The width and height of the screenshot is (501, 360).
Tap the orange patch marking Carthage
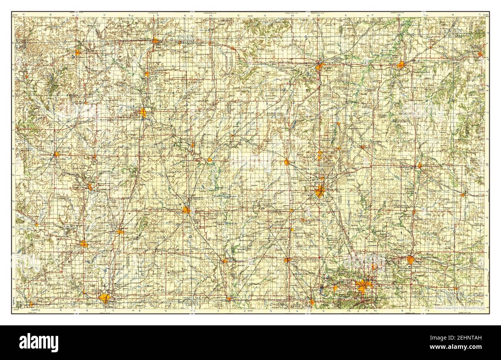click(410, 260)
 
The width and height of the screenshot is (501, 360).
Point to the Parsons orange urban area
click(187, 210)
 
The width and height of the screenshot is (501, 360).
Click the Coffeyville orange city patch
click(104, 298)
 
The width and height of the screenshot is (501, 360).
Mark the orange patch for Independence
click(84, 244)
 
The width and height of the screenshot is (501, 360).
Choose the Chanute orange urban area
click(143, 113)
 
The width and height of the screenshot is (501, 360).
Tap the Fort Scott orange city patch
click(319, 67)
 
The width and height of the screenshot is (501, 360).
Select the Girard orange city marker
click(287, 162)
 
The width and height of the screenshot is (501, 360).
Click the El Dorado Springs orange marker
click(480, 54)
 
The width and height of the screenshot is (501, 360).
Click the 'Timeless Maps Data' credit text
click(458, 308)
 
